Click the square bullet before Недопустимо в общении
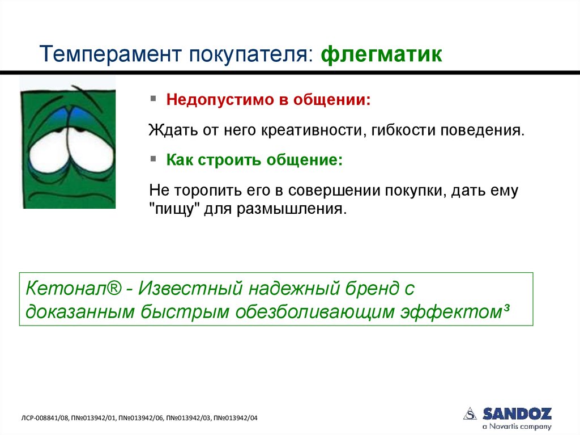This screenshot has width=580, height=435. (x=153, y=99)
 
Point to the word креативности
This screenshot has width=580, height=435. (x=308, y=130)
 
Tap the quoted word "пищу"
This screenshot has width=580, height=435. (x=172, y=208)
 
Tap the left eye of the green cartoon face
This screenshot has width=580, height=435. (x=48, y=146)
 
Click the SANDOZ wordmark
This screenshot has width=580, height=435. (x=517, y=413)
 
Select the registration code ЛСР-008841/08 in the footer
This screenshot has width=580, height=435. (x=45, y=418)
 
